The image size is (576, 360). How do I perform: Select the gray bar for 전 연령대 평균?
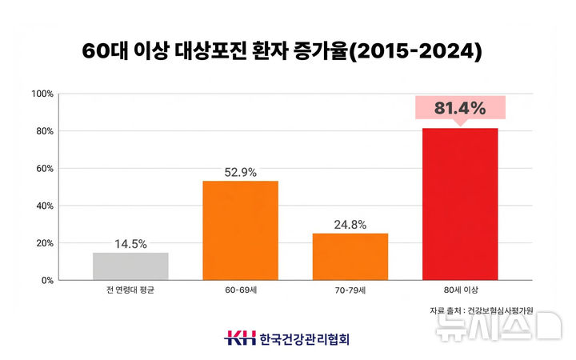tap(130, 266)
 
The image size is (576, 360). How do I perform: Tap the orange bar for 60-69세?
tap(240, 230)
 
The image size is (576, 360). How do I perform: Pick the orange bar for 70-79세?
tap(350, 257)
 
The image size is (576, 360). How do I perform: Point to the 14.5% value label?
tap(130, 244)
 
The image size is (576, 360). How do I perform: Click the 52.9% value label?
tap(240, 172)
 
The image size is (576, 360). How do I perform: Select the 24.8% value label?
tap(350, 225)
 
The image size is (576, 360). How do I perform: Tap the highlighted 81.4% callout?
tap(460, 108)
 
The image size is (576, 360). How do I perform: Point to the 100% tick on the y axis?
tap(42, 94)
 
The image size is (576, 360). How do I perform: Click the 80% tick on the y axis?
tap(43, 131)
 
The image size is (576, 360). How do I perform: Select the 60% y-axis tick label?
tap(43, 169)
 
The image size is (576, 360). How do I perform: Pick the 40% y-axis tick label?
tap(43, 206)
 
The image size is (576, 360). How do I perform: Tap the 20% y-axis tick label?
tap(43, 243)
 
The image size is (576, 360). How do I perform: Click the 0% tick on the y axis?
tap(46, 281)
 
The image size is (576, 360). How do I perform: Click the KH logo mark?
tap(239, 338)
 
